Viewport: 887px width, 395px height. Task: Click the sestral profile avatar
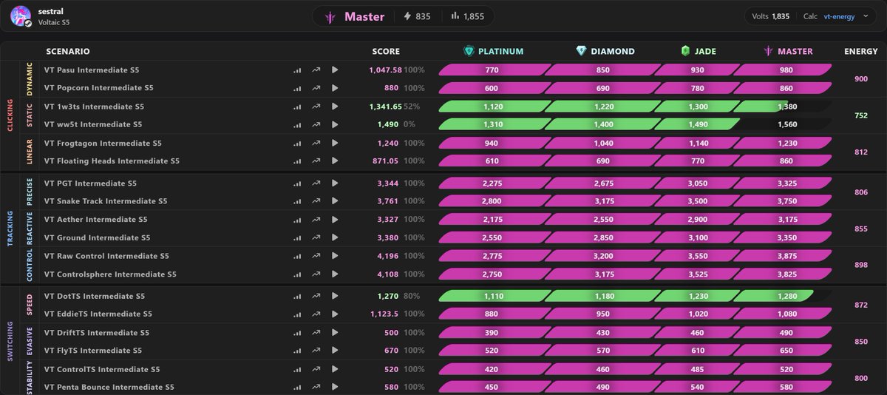[21, 16]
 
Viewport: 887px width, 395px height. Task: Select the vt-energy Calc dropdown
[846, 16]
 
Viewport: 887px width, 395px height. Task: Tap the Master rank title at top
[364, 16]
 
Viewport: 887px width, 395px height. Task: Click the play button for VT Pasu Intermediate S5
[335, 70]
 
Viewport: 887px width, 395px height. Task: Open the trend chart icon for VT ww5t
[316, 124]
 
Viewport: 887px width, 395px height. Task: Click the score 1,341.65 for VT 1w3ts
[385, 107]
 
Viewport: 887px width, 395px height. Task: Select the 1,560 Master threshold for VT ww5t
[787, 124]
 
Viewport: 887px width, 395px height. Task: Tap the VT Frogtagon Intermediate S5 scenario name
[103, 143]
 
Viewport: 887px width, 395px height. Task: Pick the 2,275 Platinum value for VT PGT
[492, 183]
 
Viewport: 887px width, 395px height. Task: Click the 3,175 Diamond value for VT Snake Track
[605, 201]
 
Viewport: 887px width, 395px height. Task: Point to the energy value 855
[861, 229]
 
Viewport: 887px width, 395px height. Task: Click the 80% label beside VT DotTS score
[412, 296]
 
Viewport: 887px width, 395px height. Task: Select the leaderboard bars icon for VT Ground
[297, 237]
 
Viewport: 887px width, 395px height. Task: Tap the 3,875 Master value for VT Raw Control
[787, 256]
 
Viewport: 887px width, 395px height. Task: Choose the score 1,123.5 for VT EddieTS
[384, 314]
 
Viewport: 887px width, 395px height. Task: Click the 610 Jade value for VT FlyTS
[698, 350]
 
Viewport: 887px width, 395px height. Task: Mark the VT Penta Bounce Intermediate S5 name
[109, 387]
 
